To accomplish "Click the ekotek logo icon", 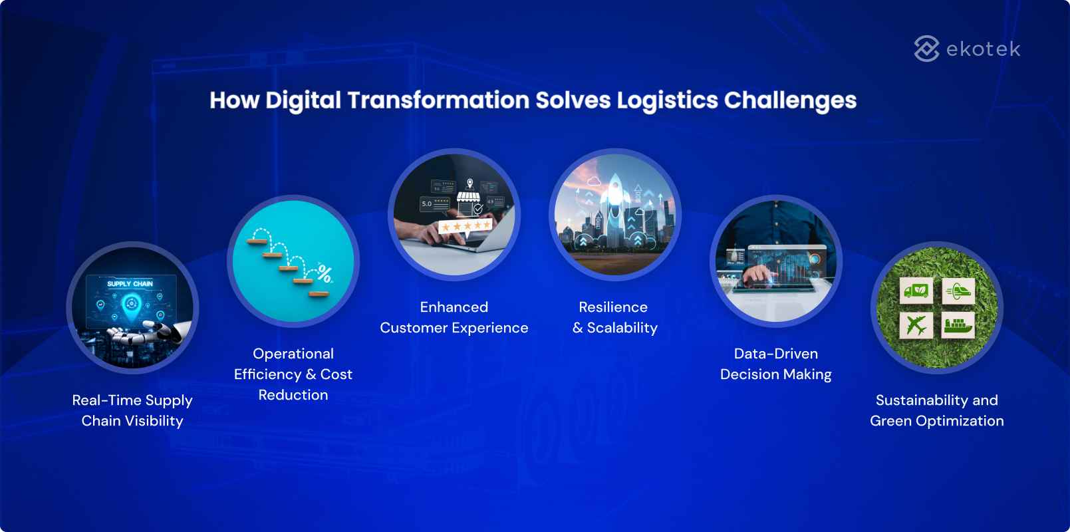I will click(x=926, y=49).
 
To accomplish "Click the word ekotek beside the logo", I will click(x=982, y=49).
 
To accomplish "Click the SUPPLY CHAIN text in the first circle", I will click(x=130, y=284).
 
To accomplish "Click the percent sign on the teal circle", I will click(x=325, y=273).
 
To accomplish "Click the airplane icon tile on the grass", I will click(x=916, y=325).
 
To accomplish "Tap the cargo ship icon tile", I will click(x=958, y=325).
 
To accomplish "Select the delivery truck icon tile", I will click(x=916, y=291).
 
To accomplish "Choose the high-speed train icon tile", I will click(x=958, y=291).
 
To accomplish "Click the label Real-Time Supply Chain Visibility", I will click(x=132, y=410).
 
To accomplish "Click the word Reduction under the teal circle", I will click(x=293, y=395).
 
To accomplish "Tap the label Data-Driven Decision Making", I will click(x=775, y=364).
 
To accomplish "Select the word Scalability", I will click(x=622, y=328).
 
